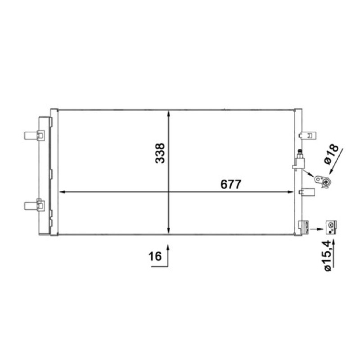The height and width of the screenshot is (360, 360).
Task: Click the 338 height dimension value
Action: click(160, 153)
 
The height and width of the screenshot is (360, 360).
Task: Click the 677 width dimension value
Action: click(231, 184)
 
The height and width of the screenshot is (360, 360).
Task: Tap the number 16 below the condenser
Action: click(155, 256)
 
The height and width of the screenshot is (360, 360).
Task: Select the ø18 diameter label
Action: click(331, 154)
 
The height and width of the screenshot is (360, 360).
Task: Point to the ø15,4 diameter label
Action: click(328, 256)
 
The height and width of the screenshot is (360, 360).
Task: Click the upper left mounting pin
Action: click(35, 135)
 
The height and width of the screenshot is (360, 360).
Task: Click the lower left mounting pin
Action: click(35, 205)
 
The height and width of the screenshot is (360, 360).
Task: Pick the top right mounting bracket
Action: click(307, 135)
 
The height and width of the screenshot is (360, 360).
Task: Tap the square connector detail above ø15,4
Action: click(331, 227)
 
